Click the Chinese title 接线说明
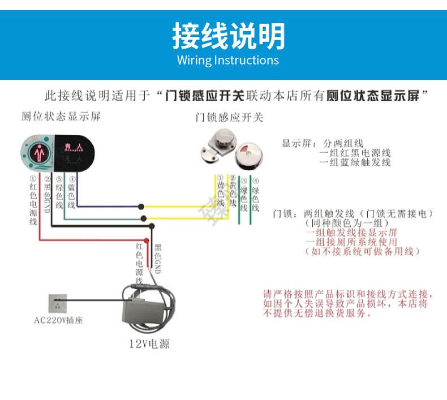[229, 36]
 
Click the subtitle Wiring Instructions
[228, 60]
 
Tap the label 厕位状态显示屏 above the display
[61, 117]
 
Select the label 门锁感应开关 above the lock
[229, 118]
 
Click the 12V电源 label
[149, 343]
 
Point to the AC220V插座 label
[58, 320]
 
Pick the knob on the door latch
[217, 137]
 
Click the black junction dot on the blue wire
[142, 207]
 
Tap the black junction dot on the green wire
[144, 218]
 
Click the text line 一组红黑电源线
[355, 153]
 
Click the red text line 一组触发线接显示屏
[351, 233]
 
